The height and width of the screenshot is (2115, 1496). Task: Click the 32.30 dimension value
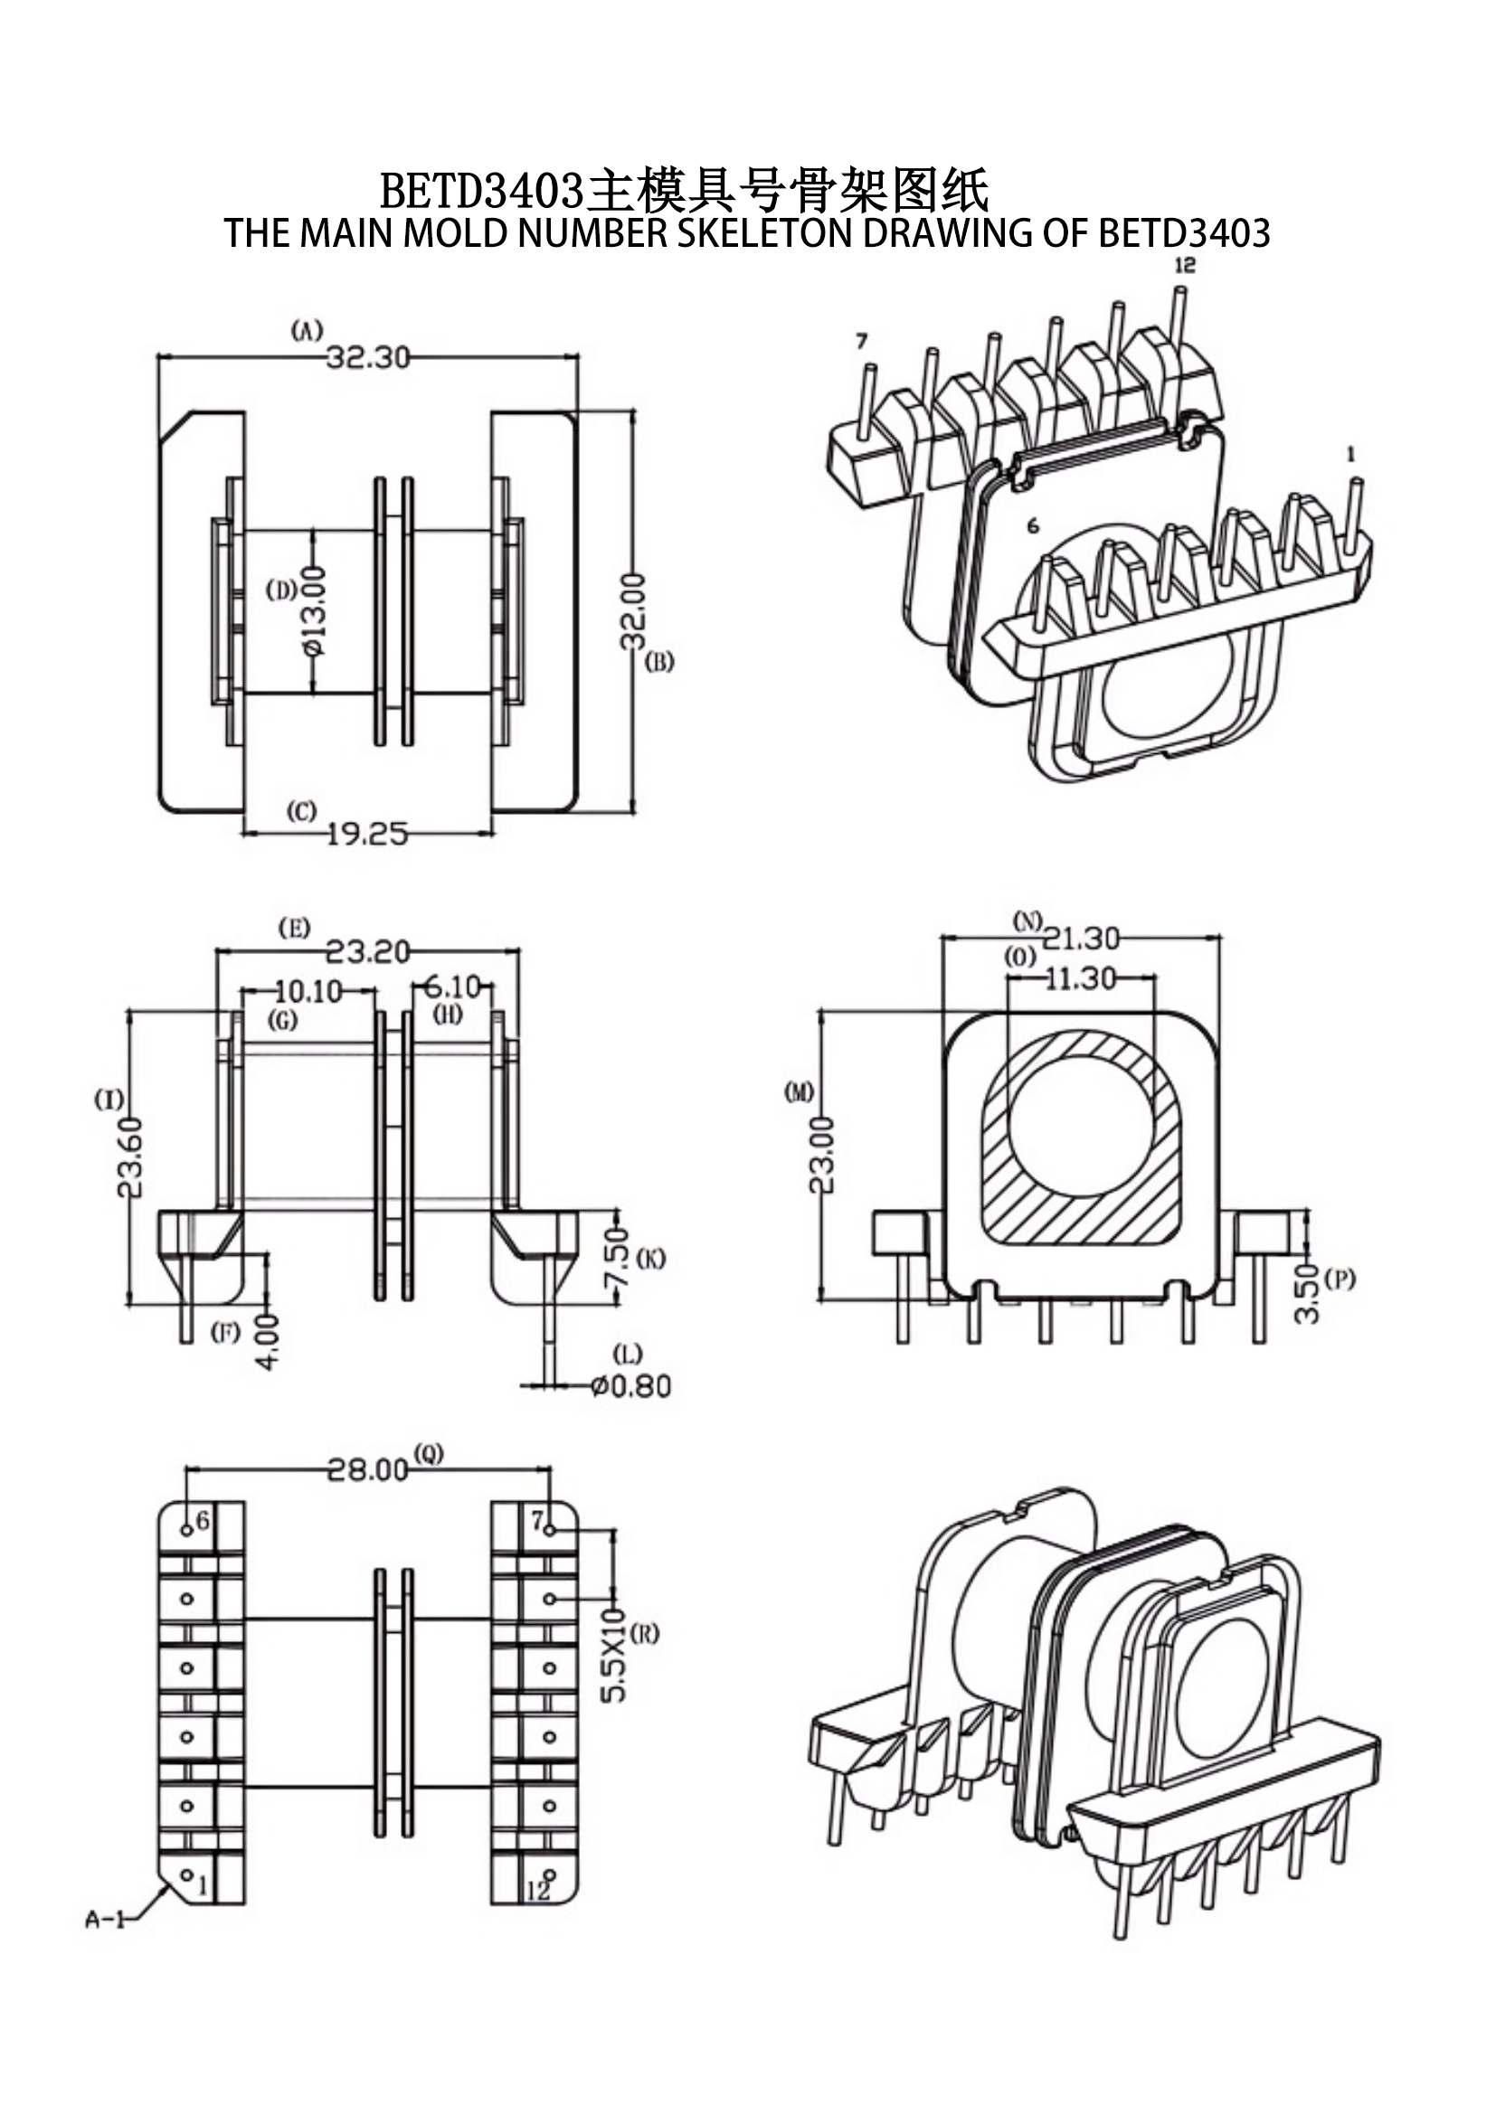tap(367, 357)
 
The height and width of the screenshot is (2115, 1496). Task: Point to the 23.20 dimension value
tap(367, 951)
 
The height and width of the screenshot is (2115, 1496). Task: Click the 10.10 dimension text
tap(308, 991)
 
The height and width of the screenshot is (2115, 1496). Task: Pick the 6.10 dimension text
tap(452, 987)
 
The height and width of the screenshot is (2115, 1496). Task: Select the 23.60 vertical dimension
tap(131, 1157)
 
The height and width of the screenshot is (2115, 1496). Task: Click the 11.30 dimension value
tap(1081, 978)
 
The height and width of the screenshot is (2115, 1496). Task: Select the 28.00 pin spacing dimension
tap(367, 1469)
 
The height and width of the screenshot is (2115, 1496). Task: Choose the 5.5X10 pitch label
tap(613, 1655)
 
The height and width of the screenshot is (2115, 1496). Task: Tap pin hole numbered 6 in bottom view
tap(186, 1530)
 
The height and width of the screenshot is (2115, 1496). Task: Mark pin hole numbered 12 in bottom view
tap(550, 1874)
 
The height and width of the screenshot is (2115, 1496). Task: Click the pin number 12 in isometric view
tap(1185, 265)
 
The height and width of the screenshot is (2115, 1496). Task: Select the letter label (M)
tap(799, 1092)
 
